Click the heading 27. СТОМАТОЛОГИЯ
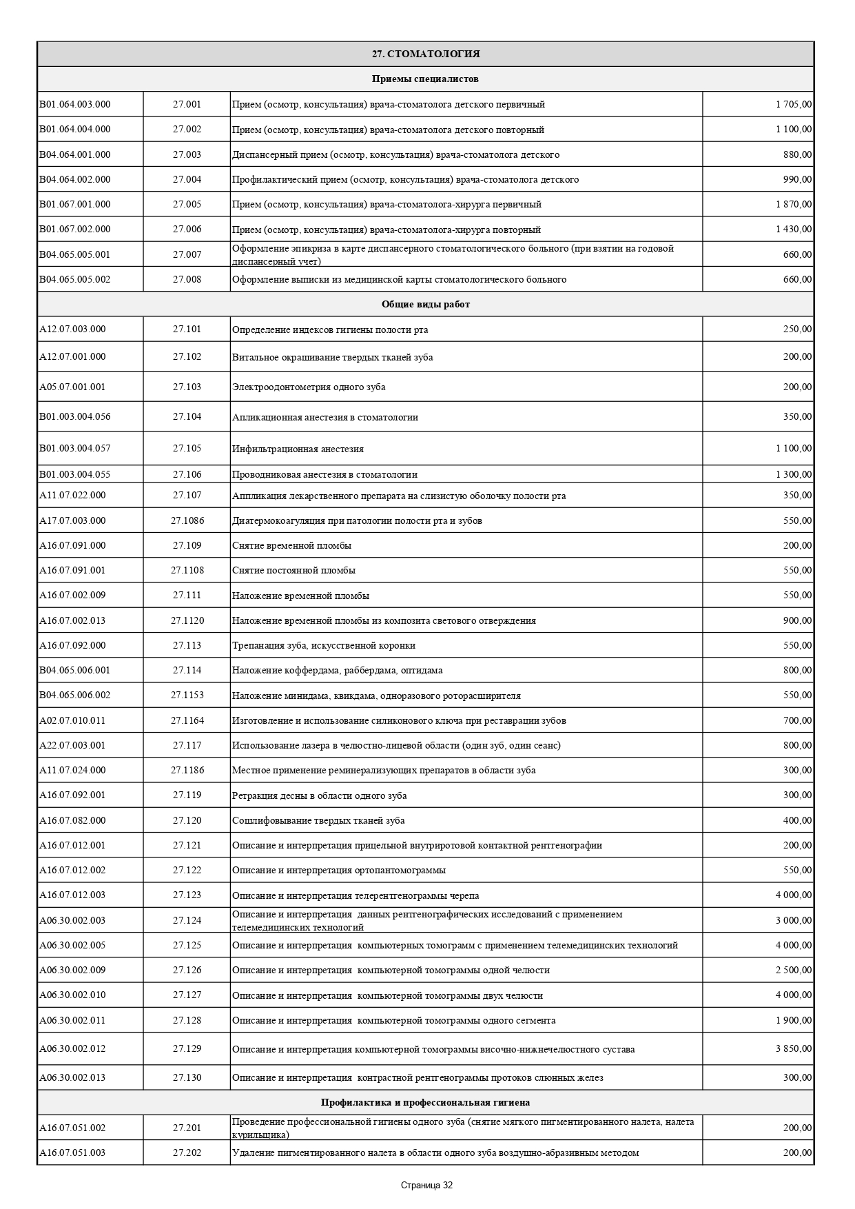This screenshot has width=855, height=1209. pyautogui.click(x=425, y=54)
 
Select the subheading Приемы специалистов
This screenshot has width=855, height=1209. pyautogui.click(x=425, y=79)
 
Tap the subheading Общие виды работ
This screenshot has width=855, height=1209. pyautogui.click(x=425, y=304)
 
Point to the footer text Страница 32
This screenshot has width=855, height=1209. pyautogui.click(x=426, y=1186)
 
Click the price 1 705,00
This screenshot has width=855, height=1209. pyautogui.click(x=793, y=104)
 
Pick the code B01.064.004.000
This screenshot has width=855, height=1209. pyautogui.click(x=74, y=129)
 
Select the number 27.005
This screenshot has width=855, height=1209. pyautogui.click(x=187, y=204)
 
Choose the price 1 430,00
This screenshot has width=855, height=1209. pyautogui.click(x=793, y=229)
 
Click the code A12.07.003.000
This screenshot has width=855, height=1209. pyautogui.click(x=72, y=329)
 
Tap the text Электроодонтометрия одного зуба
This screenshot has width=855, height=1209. pyautogui.click(x=309, y=387)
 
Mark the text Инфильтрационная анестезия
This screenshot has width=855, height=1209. pyautogui.click(x=298, y=449)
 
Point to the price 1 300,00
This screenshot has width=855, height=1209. pyautogui.click(x=793, y=474)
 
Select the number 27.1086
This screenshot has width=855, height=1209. pyautogui.click(x=187, y=520)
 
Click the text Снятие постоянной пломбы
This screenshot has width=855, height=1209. pyautogui.click(x=293, y=570)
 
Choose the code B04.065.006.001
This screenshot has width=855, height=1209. pyautogui.click(x=74, y=670)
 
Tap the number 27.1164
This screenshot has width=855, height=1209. pyautogui.click(x=187, y=720)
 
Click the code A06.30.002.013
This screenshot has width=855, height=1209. pyautogui.click(x=72, y=1077)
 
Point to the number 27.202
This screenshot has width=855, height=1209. pyautogui.click(x=187, y=1152)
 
